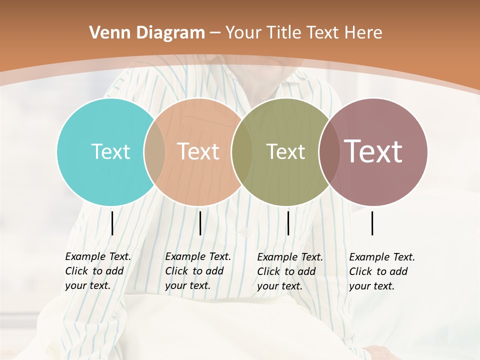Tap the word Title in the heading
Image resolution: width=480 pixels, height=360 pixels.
(284, 33)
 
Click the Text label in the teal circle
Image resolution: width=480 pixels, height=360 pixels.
(110, 151)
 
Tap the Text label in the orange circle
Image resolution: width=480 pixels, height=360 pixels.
(198, 151)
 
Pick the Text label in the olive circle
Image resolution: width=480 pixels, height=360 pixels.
(285, 151)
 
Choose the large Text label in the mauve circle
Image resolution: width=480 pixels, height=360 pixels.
(373, 151)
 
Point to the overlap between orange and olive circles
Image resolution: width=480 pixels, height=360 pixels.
(241, 151)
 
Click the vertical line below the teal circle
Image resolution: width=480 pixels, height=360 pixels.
(112, 223)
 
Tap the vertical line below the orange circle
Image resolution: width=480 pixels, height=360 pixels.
(200, 223)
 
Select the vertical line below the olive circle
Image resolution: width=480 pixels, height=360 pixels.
(288, 223)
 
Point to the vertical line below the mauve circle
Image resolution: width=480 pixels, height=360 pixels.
(372, 223)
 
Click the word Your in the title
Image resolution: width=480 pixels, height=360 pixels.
(243, 33)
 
